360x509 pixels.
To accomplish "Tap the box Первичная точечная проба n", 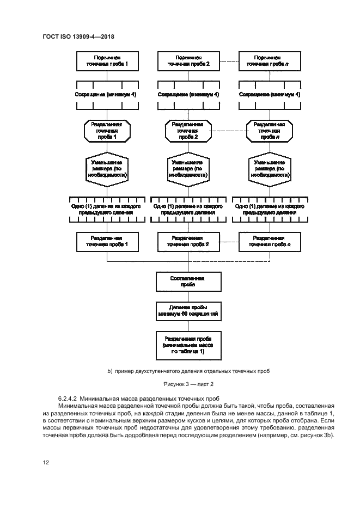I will tap(268, 60).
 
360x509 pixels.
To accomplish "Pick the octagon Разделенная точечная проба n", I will tap(268, 131).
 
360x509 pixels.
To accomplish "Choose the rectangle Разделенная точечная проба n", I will tap(268, 241).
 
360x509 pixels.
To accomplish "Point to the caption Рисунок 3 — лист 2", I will tap(181, 385).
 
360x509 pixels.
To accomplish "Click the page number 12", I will tap(46, 462).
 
